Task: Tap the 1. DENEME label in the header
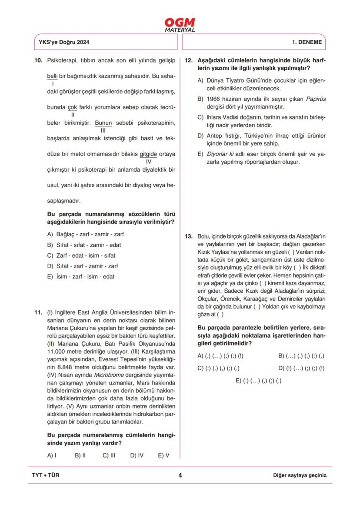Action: point(307,43)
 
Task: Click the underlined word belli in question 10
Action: point(52,76)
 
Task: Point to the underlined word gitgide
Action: point(148,154)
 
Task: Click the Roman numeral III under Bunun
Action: point(103,130)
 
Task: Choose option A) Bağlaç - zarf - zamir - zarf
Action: point(85,234)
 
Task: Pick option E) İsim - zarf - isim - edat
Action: point(81,277)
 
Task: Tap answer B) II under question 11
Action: point(80,455)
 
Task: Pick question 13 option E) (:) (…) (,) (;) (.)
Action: point(258,381)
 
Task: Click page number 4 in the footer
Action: point(180,475)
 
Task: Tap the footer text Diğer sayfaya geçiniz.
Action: point(300,475)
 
